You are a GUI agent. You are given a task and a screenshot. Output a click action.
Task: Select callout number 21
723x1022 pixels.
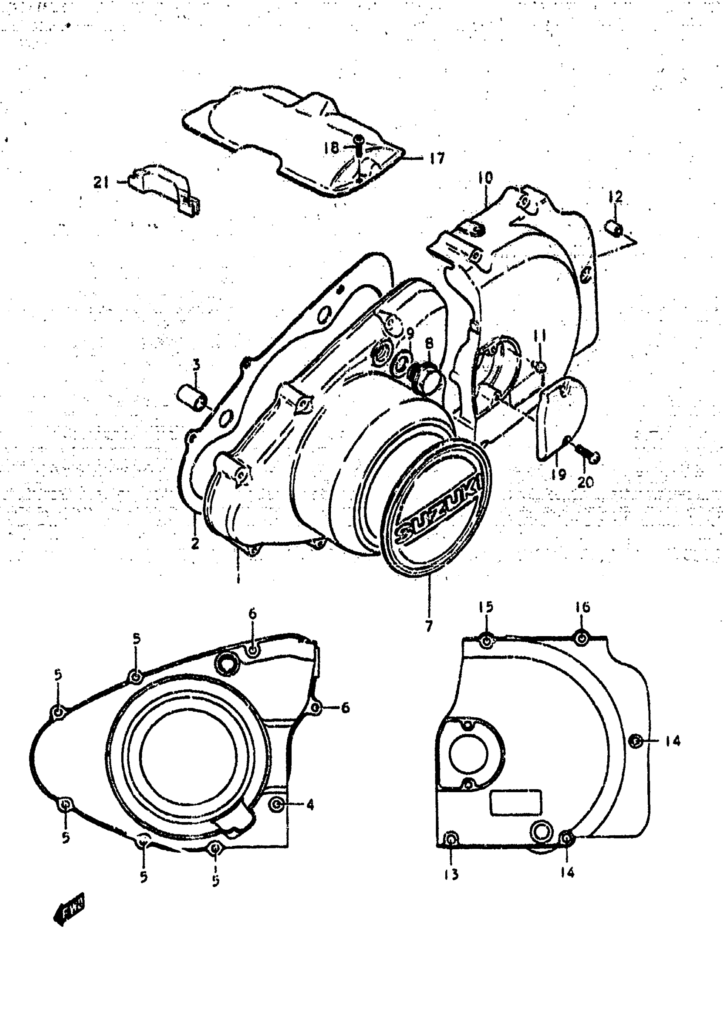click(102, 182)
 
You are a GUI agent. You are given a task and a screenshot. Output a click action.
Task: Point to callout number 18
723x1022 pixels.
click(331, 147)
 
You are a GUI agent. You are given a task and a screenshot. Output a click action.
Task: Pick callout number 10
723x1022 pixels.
click(485, 178)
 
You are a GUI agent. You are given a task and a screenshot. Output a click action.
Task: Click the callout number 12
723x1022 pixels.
click(616, 197)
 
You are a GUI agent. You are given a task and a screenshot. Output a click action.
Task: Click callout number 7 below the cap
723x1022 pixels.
click(429, 626)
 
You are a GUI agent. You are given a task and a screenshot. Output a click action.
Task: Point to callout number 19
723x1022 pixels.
click(558, 475)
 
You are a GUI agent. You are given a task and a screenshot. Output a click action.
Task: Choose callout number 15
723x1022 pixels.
click(486, 607)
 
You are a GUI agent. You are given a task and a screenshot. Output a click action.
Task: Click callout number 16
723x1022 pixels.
click(582, 607)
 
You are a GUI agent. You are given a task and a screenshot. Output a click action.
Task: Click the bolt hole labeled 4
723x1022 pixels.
click(277, 804)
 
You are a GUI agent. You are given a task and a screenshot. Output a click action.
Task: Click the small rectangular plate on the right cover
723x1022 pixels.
click(515, 802)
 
